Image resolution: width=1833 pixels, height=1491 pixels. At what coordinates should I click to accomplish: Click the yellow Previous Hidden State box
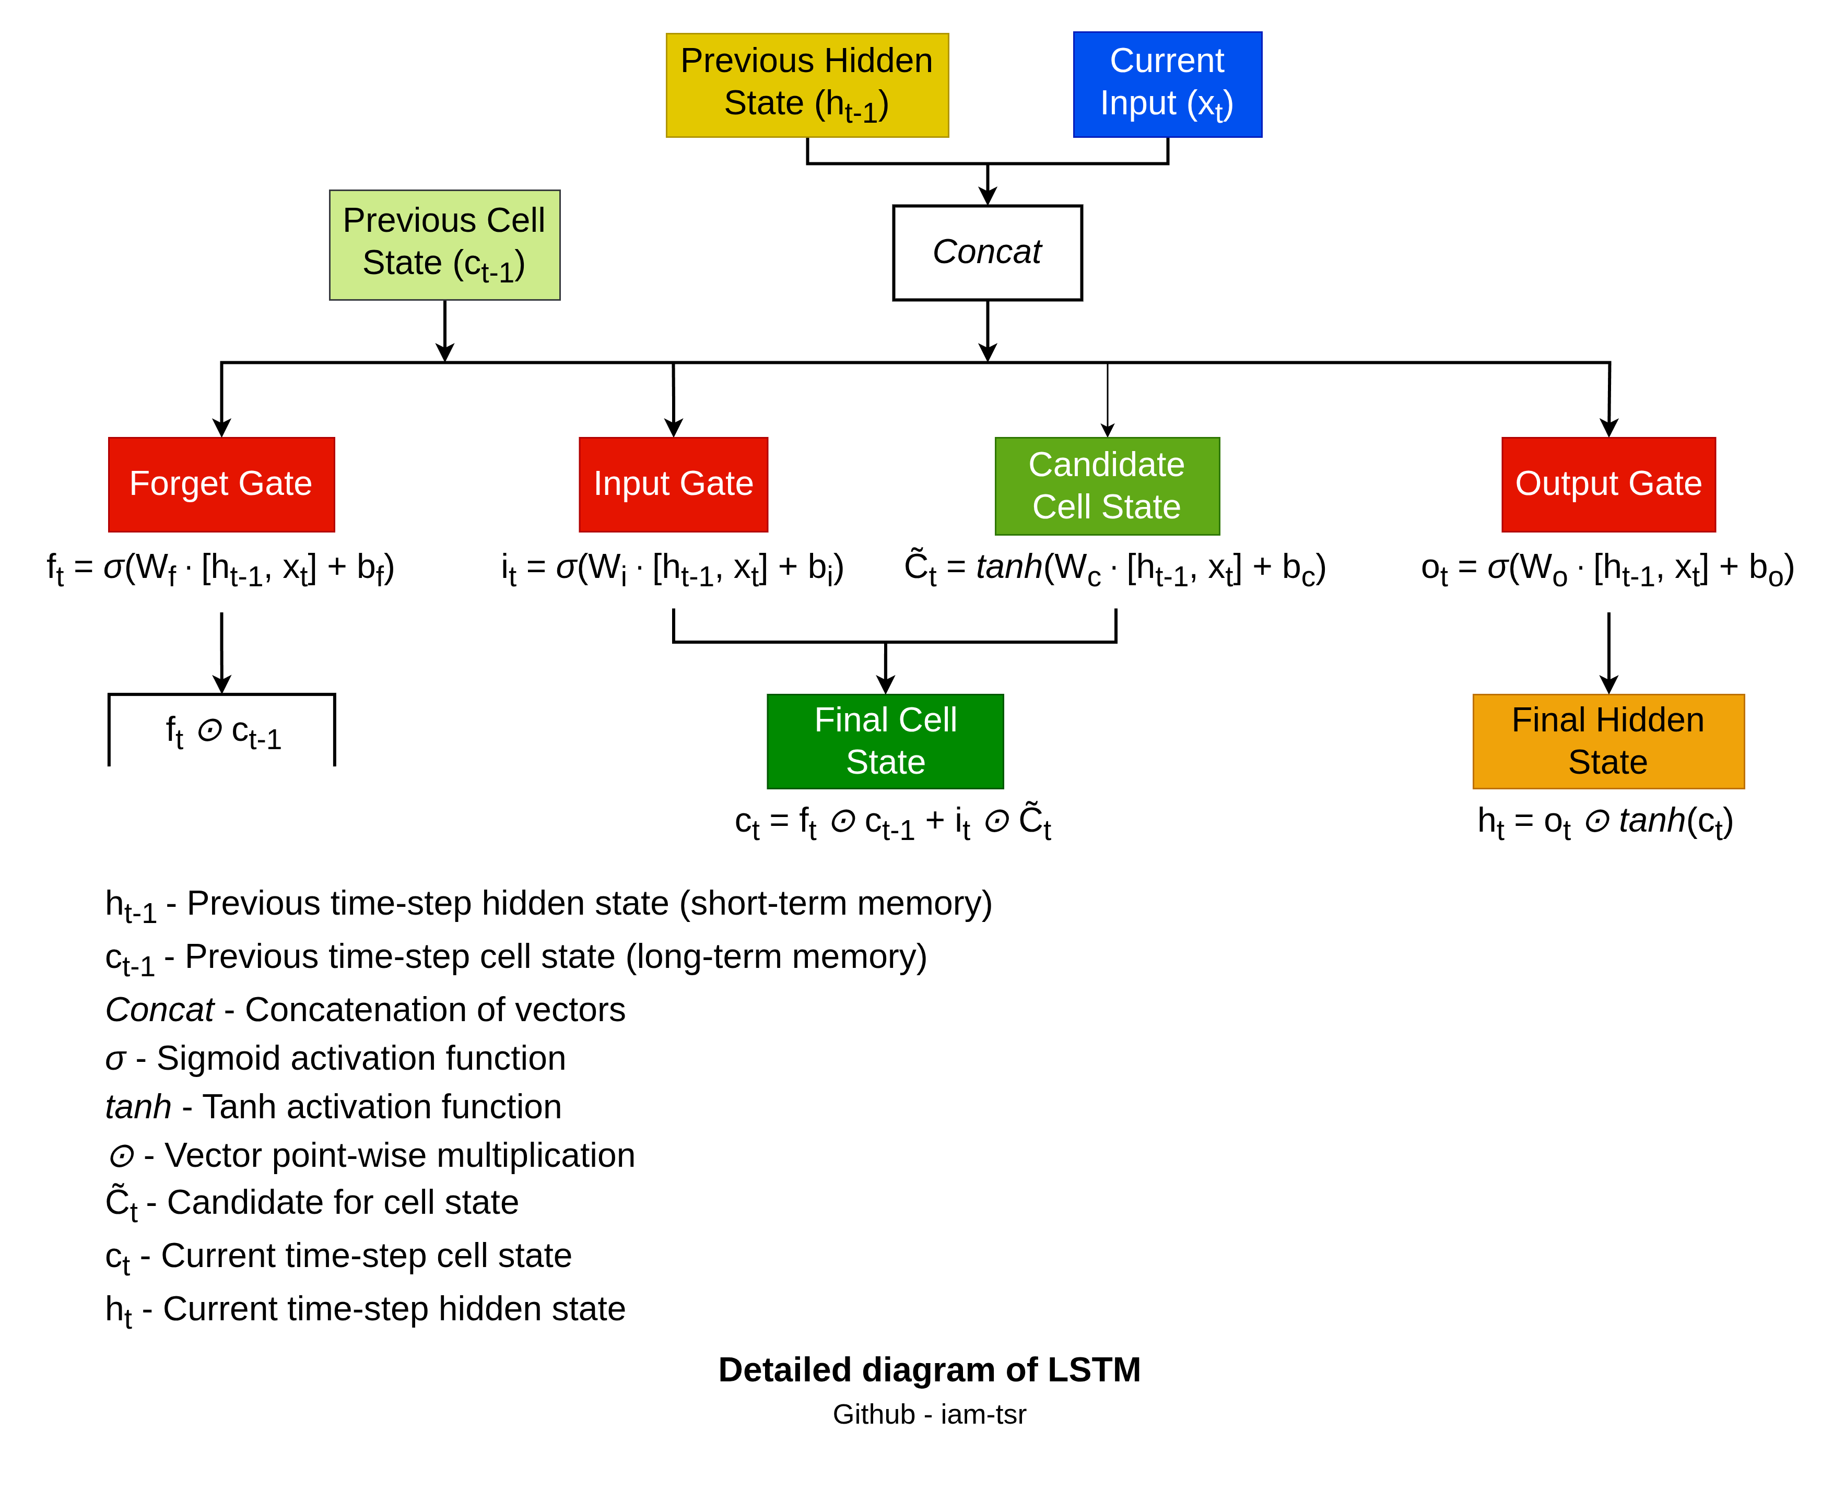(806, 85)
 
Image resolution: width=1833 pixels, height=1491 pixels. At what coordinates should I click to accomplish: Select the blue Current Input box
(1167, 84)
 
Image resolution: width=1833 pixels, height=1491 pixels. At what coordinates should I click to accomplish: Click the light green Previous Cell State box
(444, 245)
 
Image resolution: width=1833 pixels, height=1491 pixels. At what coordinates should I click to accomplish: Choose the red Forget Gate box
(221, 484)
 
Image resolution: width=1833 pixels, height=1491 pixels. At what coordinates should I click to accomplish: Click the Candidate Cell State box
(1107, 486)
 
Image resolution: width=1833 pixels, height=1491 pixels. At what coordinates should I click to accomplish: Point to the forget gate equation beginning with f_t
(221, 569)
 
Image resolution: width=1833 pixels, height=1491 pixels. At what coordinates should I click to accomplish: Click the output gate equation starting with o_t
(1607, 569)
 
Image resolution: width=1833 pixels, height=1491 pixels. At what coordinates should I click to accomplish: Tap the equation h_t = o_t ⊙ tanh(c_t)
(1604, 822)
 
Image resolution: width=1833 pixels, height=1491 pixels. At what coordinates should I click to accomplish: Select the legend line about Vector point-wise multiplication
(371, 1155)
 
